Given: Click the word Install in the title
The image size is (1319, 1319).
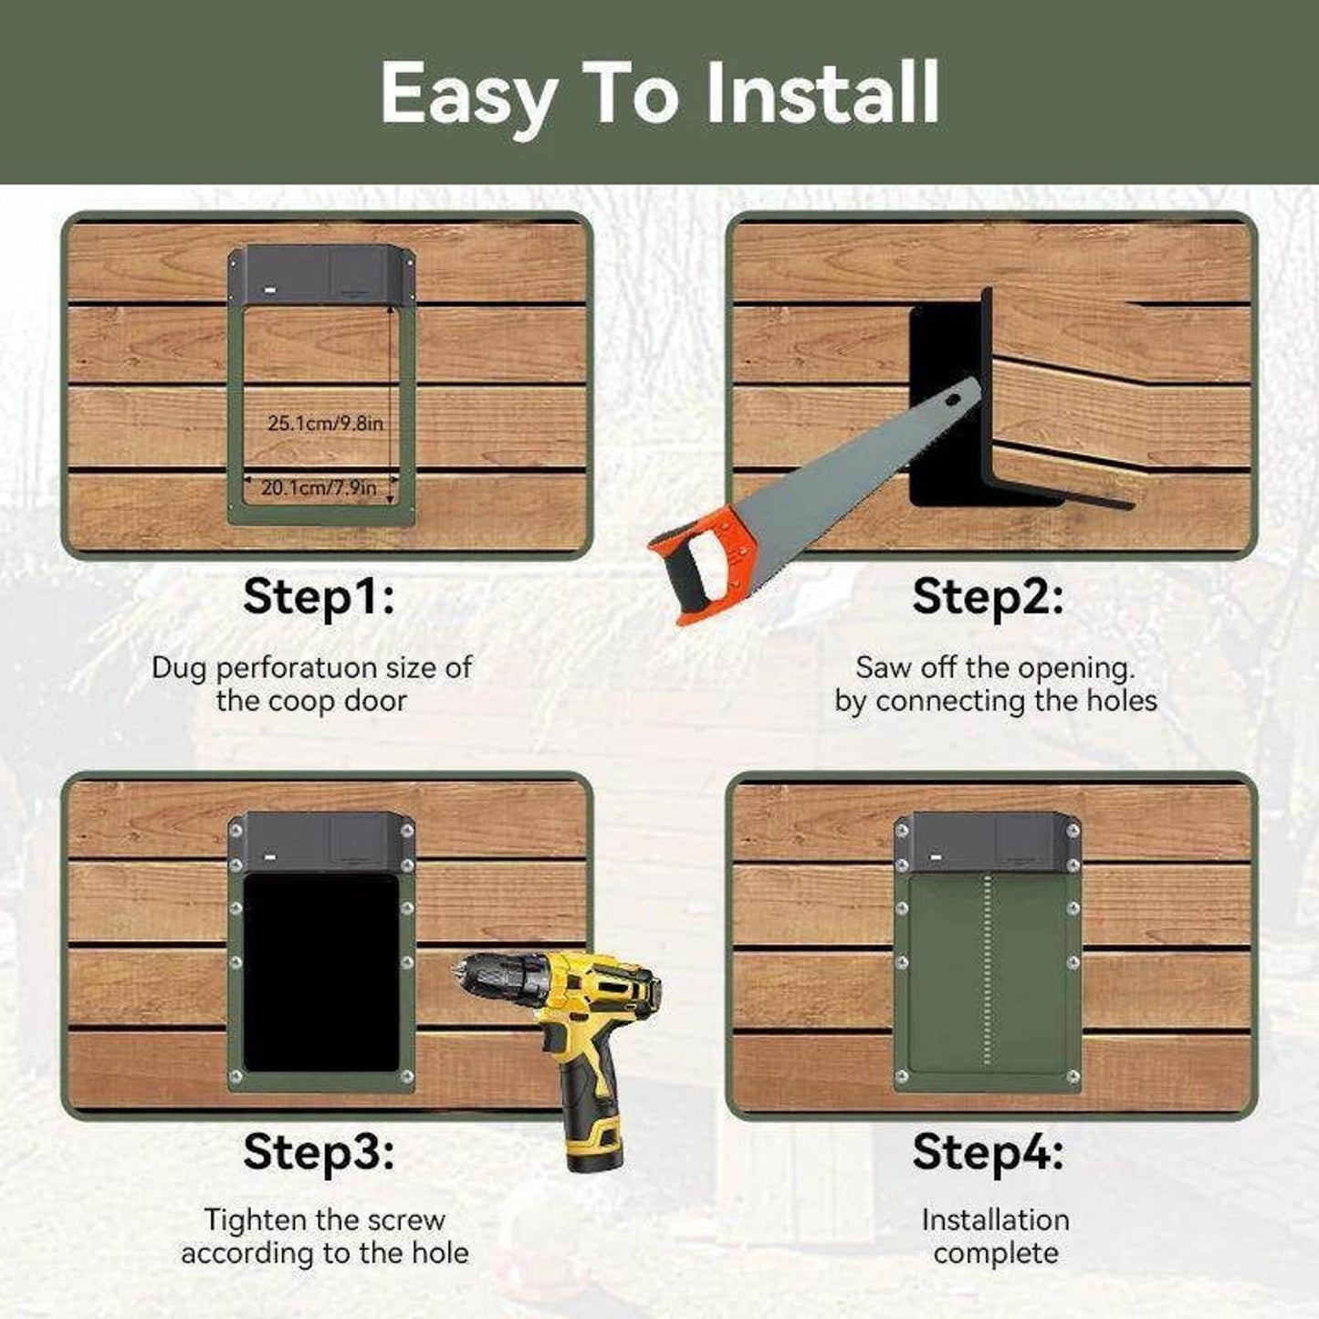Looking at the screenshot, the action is pos(822,92).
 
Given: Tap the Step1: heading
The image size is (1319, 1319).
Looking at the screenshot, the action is pos(319,596).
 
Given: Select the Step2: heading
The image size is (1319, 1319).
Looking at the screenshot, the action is pos(988,596).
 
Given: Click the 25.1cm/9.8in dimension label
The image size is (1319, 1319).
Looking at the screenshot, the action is pos(325,424).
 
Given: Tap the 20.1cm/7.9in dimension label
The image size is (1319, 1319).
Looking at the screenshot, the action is pos(319,488).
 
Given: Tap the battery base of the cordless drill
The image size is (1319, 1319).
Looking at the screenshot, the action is pos(594,1139).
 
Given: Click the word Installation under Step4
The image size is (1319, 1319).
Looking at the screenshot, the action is pos(995,1220).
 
